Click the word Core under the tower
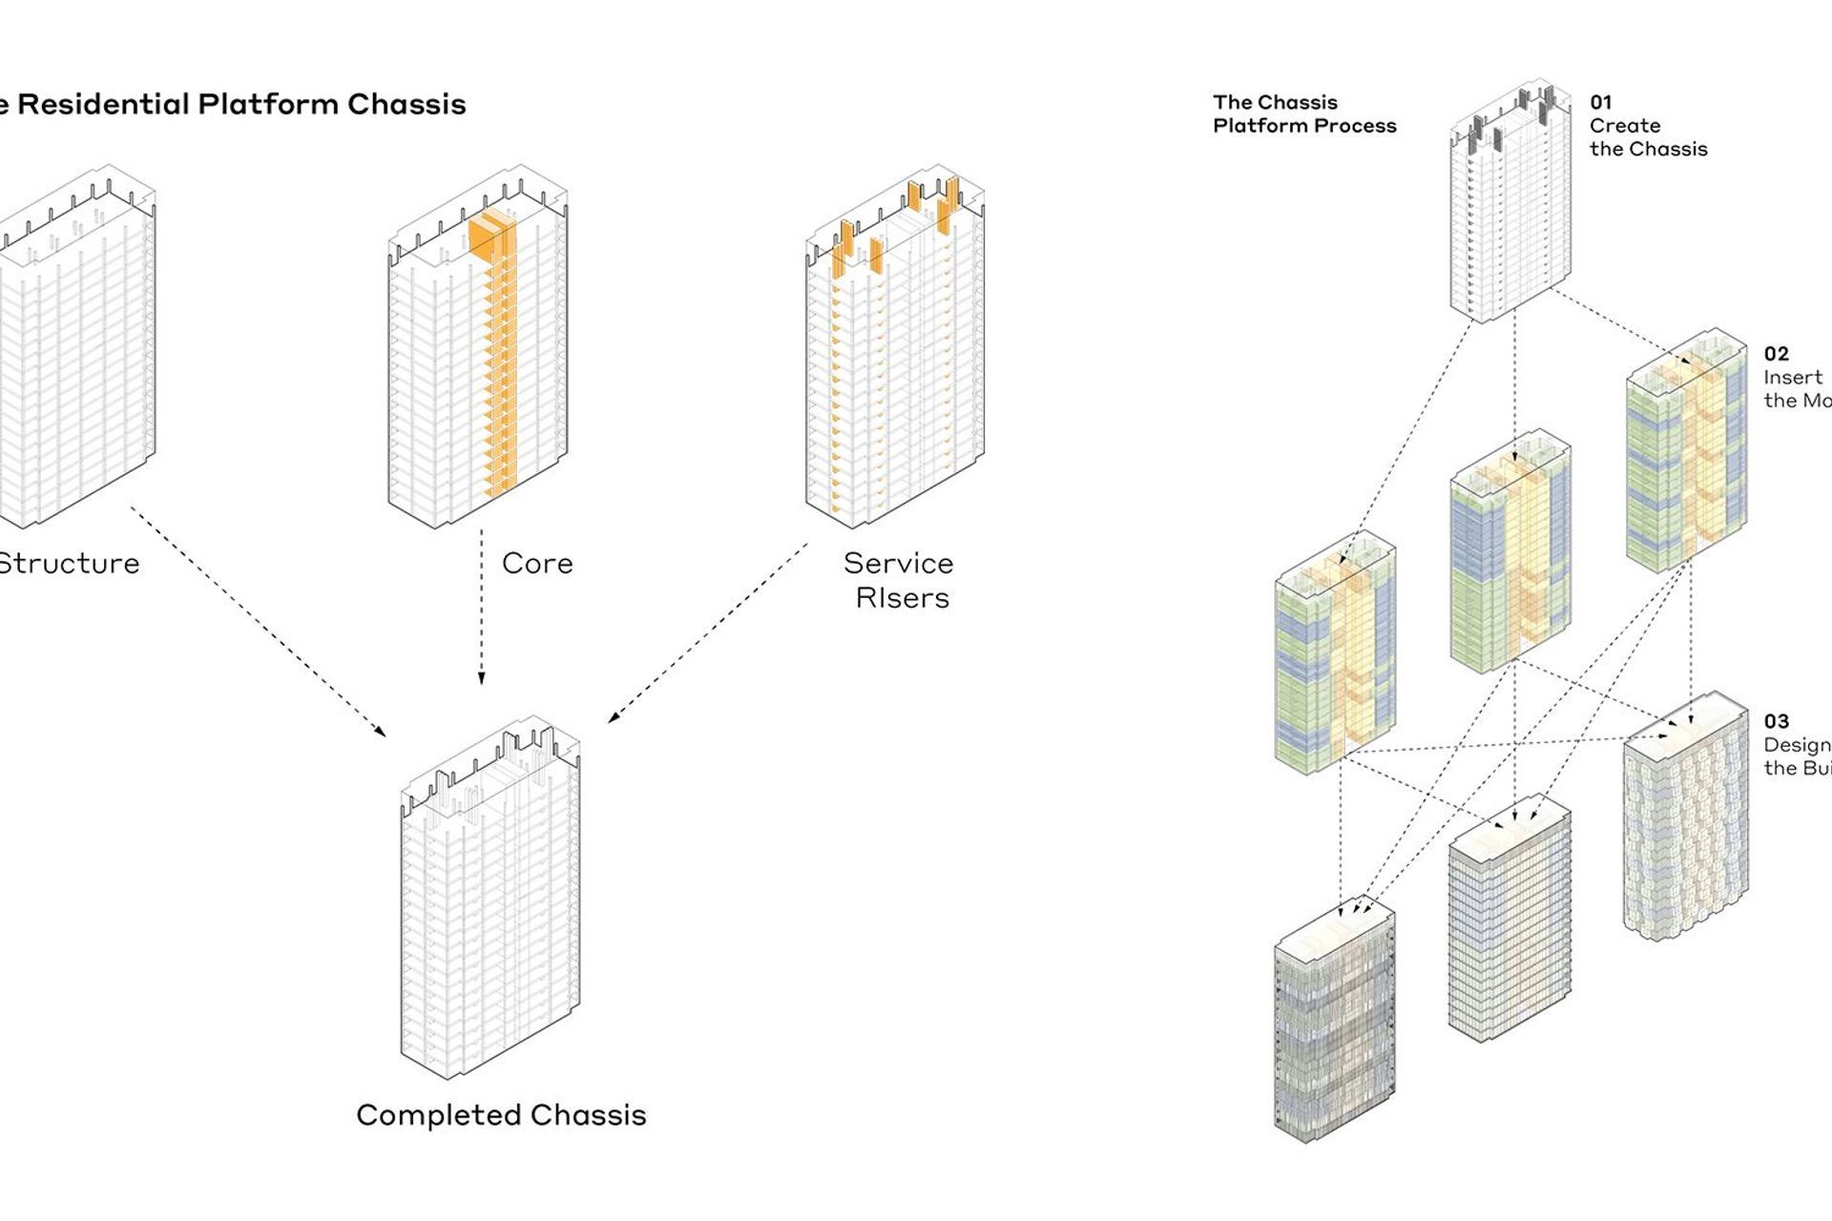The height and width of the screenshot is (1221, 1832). coord(537,564)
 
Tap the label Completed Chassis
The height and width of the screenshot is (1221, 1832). coord(501,1115)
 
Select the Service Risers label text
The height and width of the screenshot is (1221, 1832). coord(899,580)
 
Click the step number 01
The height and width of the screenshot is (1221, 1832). coord(1600,102)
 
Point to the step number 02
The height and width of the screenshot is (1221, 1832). coord(1776,354)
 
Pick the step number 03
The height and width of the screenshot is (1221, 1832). coord(1776,721)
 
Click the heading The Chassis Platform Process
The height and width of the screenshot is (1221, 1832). coord(1303,114)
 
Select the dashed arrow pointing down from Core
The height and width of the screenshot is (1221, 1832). coord(481,606)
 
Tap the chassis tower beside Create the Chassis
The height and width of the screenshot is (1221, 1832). coord(1509,205)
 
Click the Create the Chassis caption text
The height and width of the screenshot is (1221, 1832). coord(1648,137)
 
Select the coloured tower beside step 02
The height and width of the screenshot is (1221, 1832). coord(1686,448)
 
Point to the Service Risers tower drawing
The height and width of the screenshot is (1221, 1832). coord(895,353)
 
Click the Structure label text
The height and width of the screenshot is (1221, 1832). coord(69,564)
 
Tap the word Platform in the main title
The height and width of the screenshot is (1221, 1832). coord(268,104)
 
